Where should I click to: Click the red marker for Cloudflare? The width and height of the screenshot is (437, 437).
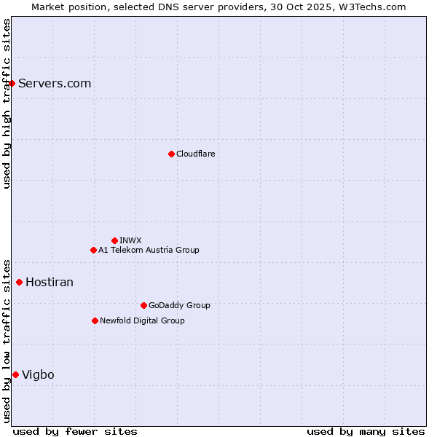[x=171, y=154]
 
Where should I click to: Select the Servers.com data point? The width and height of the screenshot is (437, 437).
[x=12, y=83]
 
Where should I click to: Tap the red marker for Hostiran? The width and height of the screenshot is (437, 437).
[x=19, y=282]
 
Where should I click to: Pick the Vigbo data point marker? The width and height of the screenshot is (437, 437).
[x=15, y=374]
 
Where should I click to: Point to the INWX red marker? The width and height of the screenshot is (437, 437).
[x=114, y=240]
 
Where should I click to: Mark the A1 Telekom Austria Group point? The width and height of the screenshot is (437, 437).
[x=93, y=250]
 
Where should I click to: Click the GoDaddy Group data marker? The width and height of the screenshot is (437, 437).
[x=143, y=305]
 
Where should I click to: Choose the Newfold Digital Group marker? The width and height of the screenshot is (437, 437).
[x=95, y=320]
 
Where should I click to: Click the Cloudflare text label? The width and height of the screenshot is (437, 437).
[x=196, y=154]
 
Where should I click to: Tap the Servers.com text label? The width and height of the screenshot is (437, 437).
[x=55, y=83]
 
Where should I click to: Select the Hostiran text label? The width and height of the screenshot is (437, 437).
[x=50, y=282]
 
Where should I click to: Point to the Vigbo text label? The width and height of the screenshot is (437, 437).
[x=38, y=374]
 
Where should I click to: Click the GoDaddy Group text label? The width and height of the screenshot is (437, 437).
[x=179, y=305]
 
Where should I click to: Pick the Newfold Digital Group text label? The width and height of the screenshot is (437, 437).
[x=142, y=320]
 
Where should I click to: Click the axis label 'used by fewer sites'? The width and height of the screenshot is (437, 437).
[x=75, y=431]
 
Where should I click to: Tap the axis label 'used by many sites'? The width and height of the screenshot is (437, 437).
[x=366, y=431]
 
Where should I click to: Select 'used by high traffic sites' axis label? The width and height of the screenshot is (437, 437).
[x=7, y=103]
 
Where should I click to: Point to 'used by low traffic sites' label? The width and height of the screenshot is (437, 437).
[x=7, y=340]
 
